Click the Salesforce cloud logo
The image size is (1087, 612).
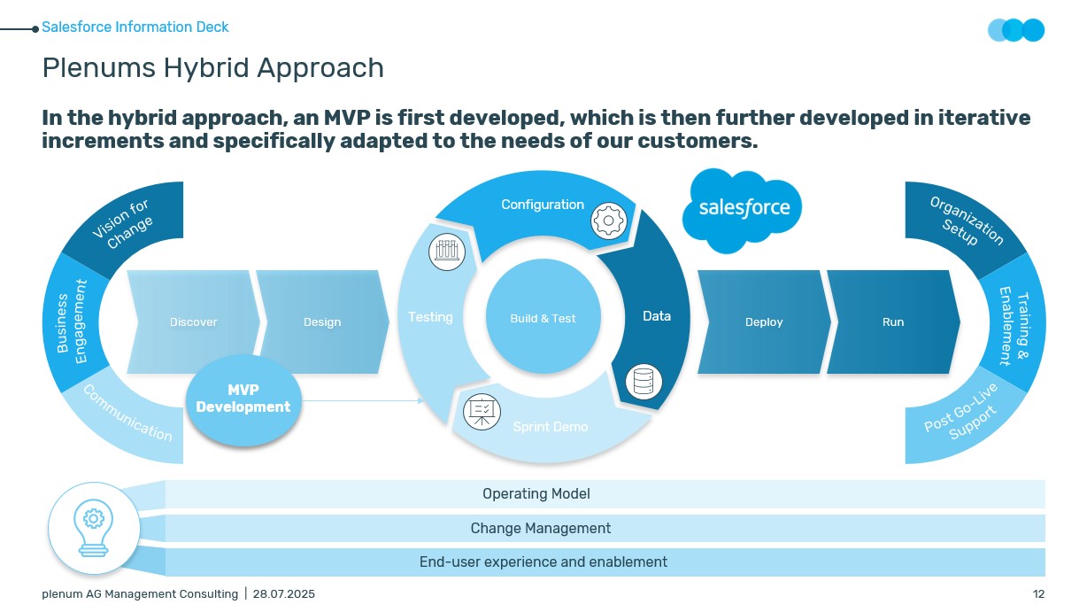[742, 210]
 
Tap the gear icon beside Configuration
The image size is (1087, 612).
[608, 221]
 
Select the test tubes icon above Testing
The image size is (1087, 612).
[447, 252]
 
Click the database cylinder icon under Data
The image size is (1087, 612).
[644, 382]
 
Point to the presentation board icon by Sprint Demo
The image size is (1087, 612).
[482, 412]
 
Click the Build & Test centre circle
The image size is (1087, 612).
[543, 316]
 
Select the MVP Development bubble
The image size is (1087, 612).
[243, 400]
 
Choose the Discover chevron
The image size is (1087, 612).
[193, 322]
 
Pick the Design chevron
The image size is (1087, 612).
[322, 322]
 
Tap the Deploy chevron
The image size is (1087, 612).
[764, 322]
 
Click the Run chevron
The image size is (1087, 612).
[893, 322]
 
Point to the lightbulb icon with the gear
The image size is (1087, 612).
[94, 528]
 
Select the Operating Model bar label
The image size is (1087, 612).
[536, 493]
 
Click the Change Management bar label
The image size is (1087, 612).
[541, 528]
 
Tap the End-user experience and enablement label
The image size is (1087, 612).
[543, 562]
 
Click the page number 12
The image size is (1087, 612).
[1038, 594]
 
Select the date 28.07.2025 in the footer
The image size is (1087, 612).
[284, 594]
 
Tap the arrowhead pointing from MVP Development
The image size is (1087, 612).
[420, 400]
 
